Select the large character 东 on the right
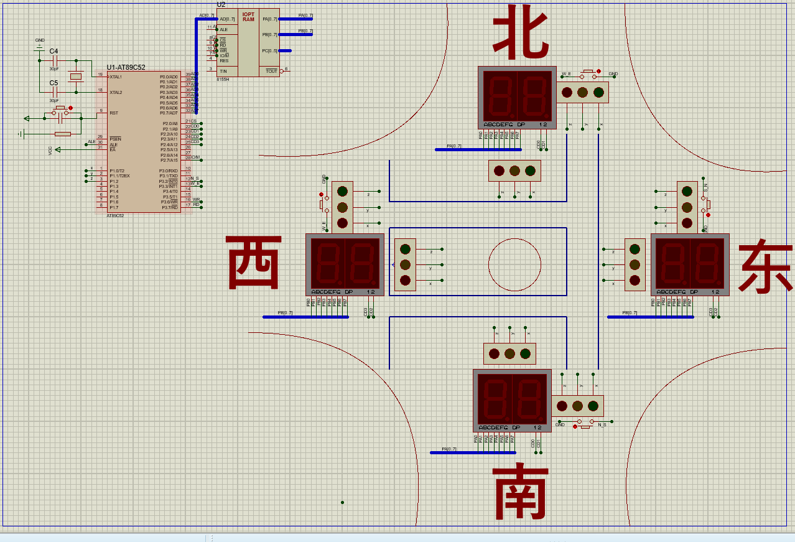[x=765, y=268]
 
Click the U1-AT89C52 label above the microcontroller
[x=126, y=67]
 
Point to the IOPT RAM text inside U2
[x=248, y=17]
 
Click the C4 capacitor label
[x=53, y=51]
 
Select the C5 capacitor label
[x=53, y=82]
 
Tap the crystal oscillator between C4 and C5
[x=76, y=77]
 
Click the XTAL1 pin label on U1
[x=116, y=77]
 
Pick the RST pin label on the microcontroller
[x=113, y=113]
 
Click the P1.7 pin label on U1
[x=114, y=207]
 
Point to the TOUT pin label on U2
[x=271, y=71]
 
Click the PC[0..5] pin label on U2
[x=269, y=51]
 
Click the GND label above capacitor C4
[x=40, y=40]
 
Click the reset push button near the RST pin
[x=60, y=110]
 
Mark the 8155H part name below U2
[x=223, y=79]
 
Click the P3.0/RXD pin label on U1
[x=168, y=171]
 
